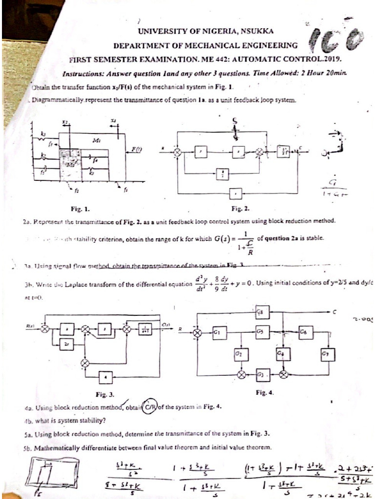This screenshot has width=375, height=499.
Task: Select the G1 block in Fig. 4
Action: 217,332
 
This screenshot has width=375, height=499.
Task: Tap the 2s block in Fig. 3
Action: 66,344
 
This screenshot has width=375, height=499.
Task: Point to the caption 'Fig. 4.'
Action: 264,392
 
